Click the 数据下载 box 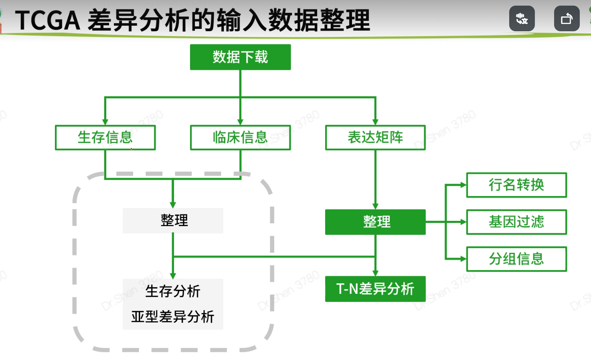[x=240, y=57]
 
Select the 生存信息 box [x=105, y=138]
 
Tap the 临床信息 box [x=240, y=138]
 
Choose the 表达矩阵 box [x=375, y=138]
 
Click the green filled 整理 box [x=375, y=222]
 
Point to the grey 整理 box [x=173, y=220]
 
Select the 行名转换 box [x=516, y=185]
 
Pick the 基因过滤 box [x=516, y=222]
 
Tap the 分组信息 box [x=516, y=259]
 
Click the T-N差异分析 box [x=375, y=289]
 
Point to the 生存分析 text [x=173, y=291]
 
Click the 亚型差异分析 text [x=173, y=317]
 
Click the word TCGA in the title [x=47, y=21]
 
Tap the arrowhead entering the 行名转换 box [x=463, y=185]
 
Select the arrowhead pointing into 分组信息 [x=463, y=259]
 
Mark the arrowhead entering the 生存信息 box [x=105, y=122]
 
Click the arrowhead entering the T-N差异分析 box [x=375, y=273]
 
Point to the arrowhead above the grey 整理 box [x=173, y=204]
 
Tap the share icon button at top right [x=567, y=18]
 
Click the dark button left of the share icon [x=522, y=18]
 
